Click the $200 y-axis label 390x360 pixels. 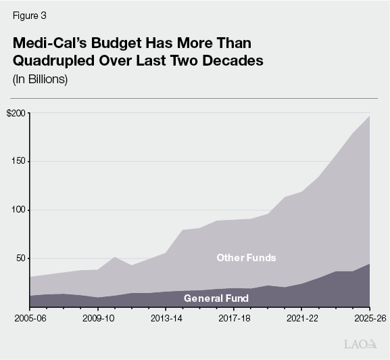click(17, 113)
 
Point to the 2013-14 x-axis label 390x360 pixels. click(166, 317)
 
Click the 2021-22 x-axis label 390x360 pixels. click(301, 317)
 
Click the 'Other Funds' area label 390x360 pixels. click(246, 258)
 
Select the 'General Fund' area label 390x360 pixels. click(216, 298)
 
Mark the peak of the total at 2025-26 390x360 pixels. click(369, 116)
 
